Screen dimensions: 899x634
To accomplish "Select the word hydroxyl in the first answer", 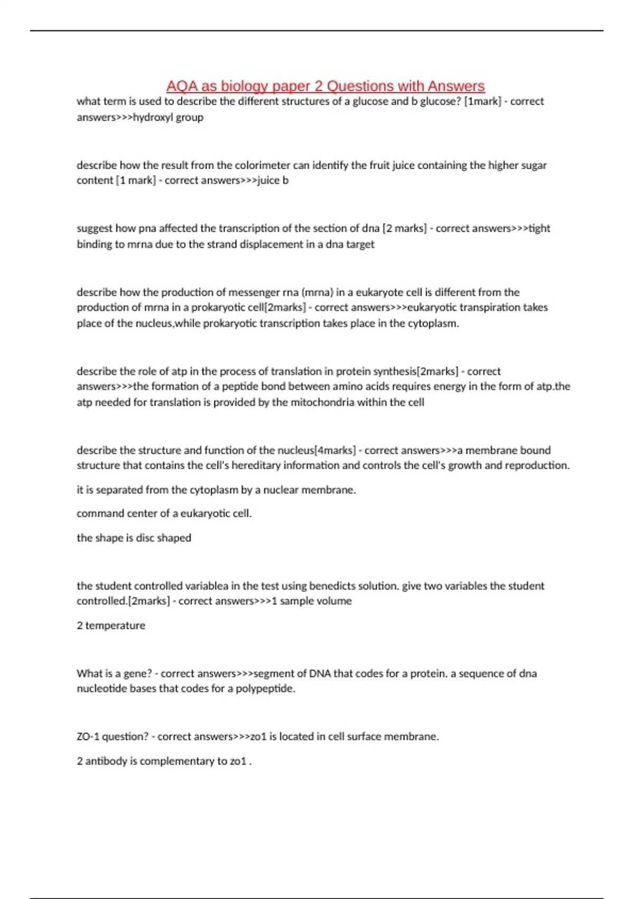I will click(153, 117).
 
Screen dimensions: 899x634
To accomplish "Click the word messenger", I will click(187, 292).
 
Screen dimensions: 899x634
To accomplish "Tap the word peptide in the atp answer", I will click(240, 386).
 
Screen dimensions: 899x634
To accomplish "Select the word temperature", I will click(115, 626).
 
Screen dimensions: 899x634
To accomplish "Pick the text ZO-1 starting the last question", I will click(88, 737).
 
